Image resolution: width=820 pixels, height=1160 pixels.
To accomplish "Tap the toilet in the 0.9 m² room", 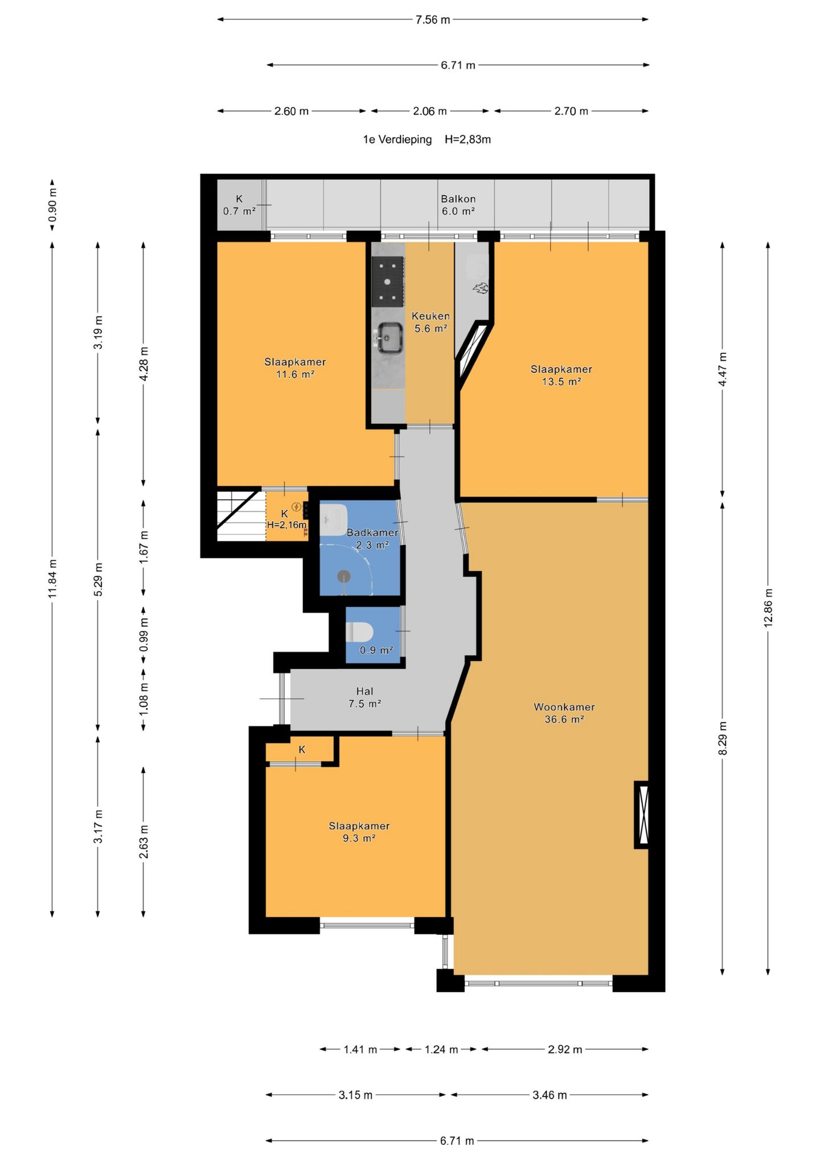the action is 359,631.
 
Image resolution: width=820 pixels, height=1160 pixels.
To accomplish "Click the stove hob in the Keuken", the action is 388,281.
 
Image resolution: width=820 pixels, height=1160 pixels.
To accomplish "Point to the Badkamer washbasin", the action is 334,520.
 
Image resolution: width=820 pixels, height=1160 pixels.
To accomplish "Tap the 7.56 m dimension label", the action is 433,20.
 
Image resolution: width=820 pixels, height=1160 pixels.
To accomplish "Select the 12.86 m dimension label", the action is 768,608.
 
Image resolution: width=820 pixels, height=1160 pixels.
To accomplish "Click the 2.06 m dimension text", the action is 430,111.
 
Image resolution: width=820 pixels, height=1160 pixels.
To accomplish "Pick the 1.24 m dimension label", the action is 441,1049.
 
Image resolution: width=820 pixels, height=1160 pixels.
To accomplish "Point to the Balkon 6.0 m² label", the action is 458,205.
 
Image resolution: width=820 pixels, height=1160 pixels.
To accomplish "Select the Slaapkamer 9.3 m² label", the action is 359,832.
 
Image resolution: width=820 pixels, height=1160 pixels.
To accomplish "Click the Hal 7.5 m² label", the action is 364,697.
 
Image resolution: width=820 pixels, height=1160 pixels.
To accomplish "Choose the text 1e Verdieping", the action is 397,140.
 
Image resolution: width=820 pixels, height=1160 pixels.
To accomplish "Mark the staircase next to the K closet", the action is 241,516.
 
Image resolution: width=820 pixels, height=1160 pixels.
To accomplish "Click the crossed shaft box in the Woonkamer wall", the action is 642,815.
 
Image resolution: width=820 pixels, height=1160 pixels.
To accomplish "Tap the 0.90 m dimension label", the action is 52,205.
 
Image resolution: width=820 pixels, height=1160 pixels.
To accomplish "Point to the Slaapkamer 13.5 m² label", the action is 561,375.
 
